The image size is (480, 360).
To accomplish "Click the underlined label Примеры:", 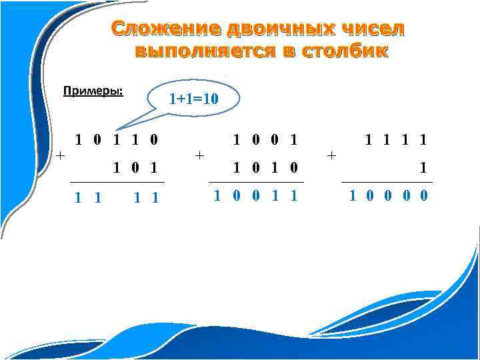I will [93, 90].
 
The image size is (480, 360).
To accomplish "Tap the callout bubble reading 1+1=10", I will [193, 99].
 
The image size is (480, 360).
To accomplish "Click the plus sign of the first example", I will [61, 155].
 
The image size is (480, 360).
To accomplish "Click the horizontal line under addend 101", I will [117, 182].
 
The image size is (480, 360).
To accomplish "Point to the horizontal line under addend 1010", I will [256, 182].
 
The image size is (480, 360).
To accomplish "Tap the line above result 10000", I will [387, 182].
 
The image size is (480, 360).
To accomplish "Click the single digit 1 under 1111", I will [423, 167].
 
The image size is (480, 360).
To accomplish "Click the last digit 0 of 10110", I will [155, 140].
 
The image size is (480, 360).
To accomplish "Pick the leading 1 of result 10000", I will [355, 196].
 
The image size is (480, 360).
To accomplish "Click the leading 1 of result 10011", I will [217, 196].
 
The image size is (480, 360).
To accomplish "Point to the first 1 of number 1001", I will [237, 140].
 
